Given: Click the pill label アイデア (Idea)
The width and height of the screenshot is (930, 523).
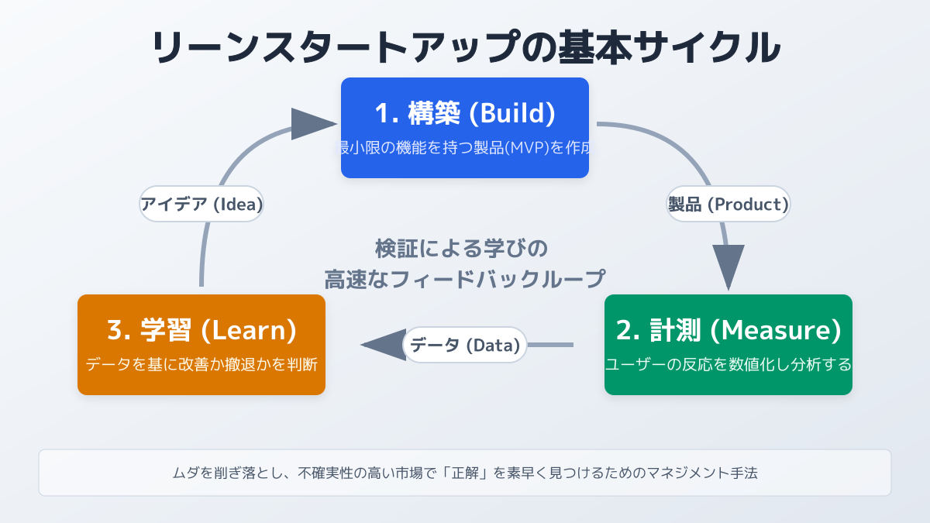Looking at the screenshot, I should click(201, 204).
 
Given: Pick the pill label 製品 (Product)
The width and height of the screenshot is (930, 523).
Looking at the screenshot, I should click(728, 204).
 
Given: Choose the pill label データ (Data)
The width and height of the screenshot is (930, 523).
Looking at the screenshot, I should click(464, 345).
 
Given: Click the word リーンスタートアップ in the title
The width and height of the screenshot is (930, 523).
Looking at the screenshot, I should click(332, 48).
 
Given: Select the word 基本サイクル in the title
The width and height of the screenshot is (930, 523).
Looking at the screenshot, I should click(658, 48).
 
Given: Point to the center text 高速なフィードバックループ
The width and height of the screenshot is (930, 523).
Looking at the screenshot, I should click(464, 279).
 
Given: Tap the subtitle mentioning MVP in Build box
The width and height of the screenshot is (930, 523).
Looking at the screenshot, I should click(465, 147).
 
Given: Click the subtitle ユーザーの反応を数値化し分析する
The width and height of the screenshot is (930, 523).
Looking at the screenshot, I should click(728, 364).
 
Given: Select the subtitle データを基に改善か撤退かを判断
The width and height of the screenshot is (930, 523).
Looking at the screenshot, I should click(201, 364).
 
